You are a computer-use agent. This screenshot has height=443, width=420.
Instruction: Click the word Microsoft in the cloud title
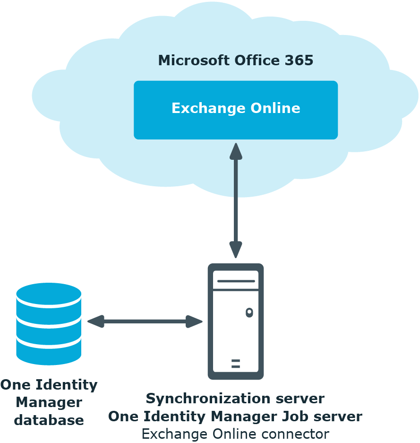point(194,60)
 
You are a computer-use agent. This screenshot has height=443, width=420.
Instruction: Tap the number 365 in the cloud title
point(299,60)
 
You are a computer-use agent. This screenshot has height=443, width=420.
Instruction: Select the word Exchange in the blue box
point(208,108)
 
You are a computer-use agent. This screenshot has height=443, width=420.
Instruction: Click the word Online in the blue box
point(275,108)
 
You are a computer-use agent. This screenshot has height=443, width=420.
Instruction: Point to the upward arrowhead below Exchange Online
point(236,152)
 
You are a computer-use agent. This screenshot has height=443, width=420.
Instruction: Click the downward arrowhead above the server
point(236,250)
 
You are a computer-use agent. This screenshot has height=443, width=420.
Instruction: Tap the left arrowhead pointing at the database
point(96,321)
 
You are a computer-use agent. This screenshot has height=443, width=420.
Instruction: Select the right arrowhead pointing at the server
point(194,321)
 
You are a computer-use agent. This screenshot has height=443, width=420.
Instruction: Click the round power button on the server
point(249,313)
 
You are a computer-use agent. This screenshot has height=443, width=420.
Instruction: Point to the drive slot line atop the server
point(236,281)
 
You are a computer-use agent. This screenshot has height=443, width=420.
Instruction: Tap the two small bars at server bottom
point(236,364)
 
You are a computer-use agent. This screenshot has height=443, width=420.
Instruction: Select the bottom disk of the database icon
point(49,351)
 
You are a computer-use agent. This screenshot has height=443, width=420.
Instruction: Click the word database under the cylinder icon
point(49,420)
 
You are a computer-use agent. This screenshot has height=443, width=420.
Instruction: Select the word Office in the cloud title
point(257,60)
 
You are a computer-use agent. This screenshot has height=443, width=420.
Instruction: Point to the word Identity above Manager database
point(67,385)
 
